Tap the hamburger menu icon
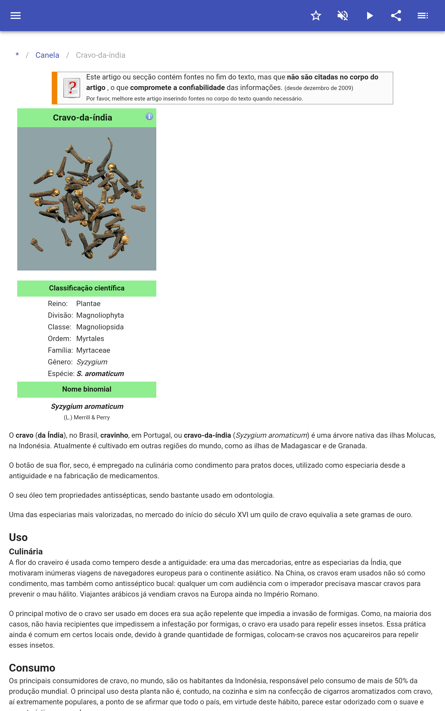(x=16, y=16)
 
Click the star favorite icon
(x=316, y=16)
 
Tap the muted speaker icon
(x=343, y=16)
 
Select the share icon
(x=396, y=16)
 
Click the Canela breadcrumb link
(x=47, y=55)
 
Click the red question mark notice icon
(x=72, y=87)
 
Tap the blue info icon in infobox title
(x=149, y=117)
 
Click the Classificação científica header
(x=86, y=288)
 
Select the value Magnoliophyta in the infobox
(x=100, y=315)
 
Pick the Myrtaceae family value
(x=93, y=350)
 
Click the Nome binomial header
(x=86, y=389)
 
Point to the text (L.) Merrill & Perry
(x=86, y=417)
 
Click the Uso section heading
(x=18, y=537)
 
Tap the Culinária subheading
(x=26, y=552)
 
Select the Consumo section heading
(x=32, y=668)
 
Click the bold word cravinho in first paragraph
(x=114, y=435)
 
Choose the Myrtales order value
(x=90, y=339)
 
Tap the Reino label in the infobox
(x=58, y=304)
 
